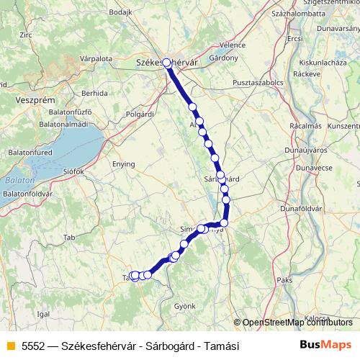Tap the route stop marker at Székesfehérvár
click(x=166, y=63)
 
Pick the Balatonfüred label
click(x=28, y=152)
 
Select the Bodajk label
click(x=120, y=13)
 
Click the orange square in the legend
click(x=9, y=346)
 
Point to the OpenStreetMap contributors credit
click(x=296, y=322)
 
